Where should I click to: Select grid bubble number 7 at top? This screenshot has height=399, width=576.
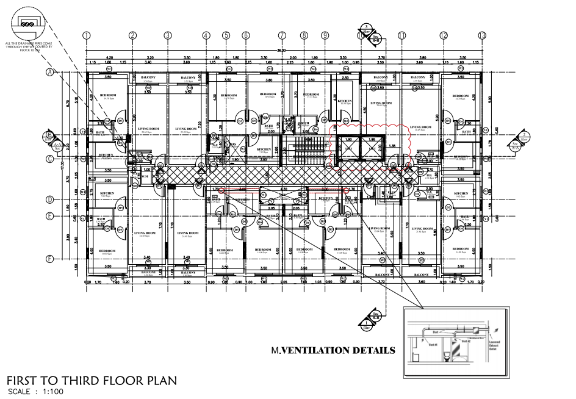point(282,35)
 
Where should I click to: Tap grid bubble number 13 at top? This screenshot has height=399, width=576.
point(482,35)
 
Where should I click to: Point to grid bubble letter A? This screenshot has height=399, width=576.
point(49,71)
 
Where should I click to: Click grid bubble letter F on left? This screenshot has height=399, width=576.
point(49,259)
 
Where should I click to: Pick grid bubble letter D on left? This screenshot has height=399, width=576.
point(49,199)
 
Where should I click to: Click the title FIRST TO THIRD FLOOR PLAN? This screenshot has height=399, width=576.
point(91,381)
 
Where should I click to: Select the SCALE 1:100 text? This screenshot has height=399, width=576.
point(35,392)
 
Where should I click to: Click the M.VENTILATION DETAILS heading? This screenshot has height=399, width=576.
point(333,351)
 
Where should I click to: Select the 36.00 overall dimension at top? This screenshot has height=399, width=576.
point(282,51)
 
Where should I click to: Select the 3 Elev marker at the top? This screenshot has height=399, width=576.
point(367,32)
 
